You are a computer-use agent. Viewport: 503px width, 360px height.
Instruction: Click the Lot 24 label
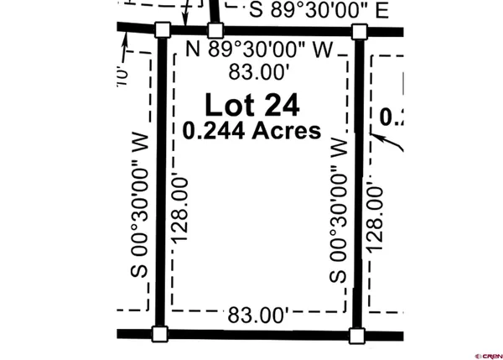coord(252,106)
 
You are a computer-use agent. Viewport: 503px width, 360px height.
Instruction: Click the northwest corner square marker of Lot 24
coord(163,31)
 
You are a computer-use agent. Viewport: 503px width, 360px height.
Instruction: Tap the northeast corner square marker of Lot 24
coord(360,32)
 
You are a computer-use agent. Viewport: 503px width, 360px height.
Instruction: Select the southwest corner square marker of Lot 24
coord(159,334)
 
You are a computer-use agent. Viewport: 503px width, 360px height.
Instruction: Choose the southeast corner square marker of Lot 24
coord(356,336)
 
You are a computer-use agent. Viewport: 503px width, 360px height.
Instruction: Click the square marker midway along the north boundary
coord(215,30)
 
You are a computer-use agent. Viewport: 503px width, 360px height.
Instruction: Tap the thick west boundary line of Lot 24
coord(161,185)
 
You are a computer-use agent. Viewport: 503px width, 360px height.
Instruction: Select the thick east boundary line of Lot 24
coord(358,185)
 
